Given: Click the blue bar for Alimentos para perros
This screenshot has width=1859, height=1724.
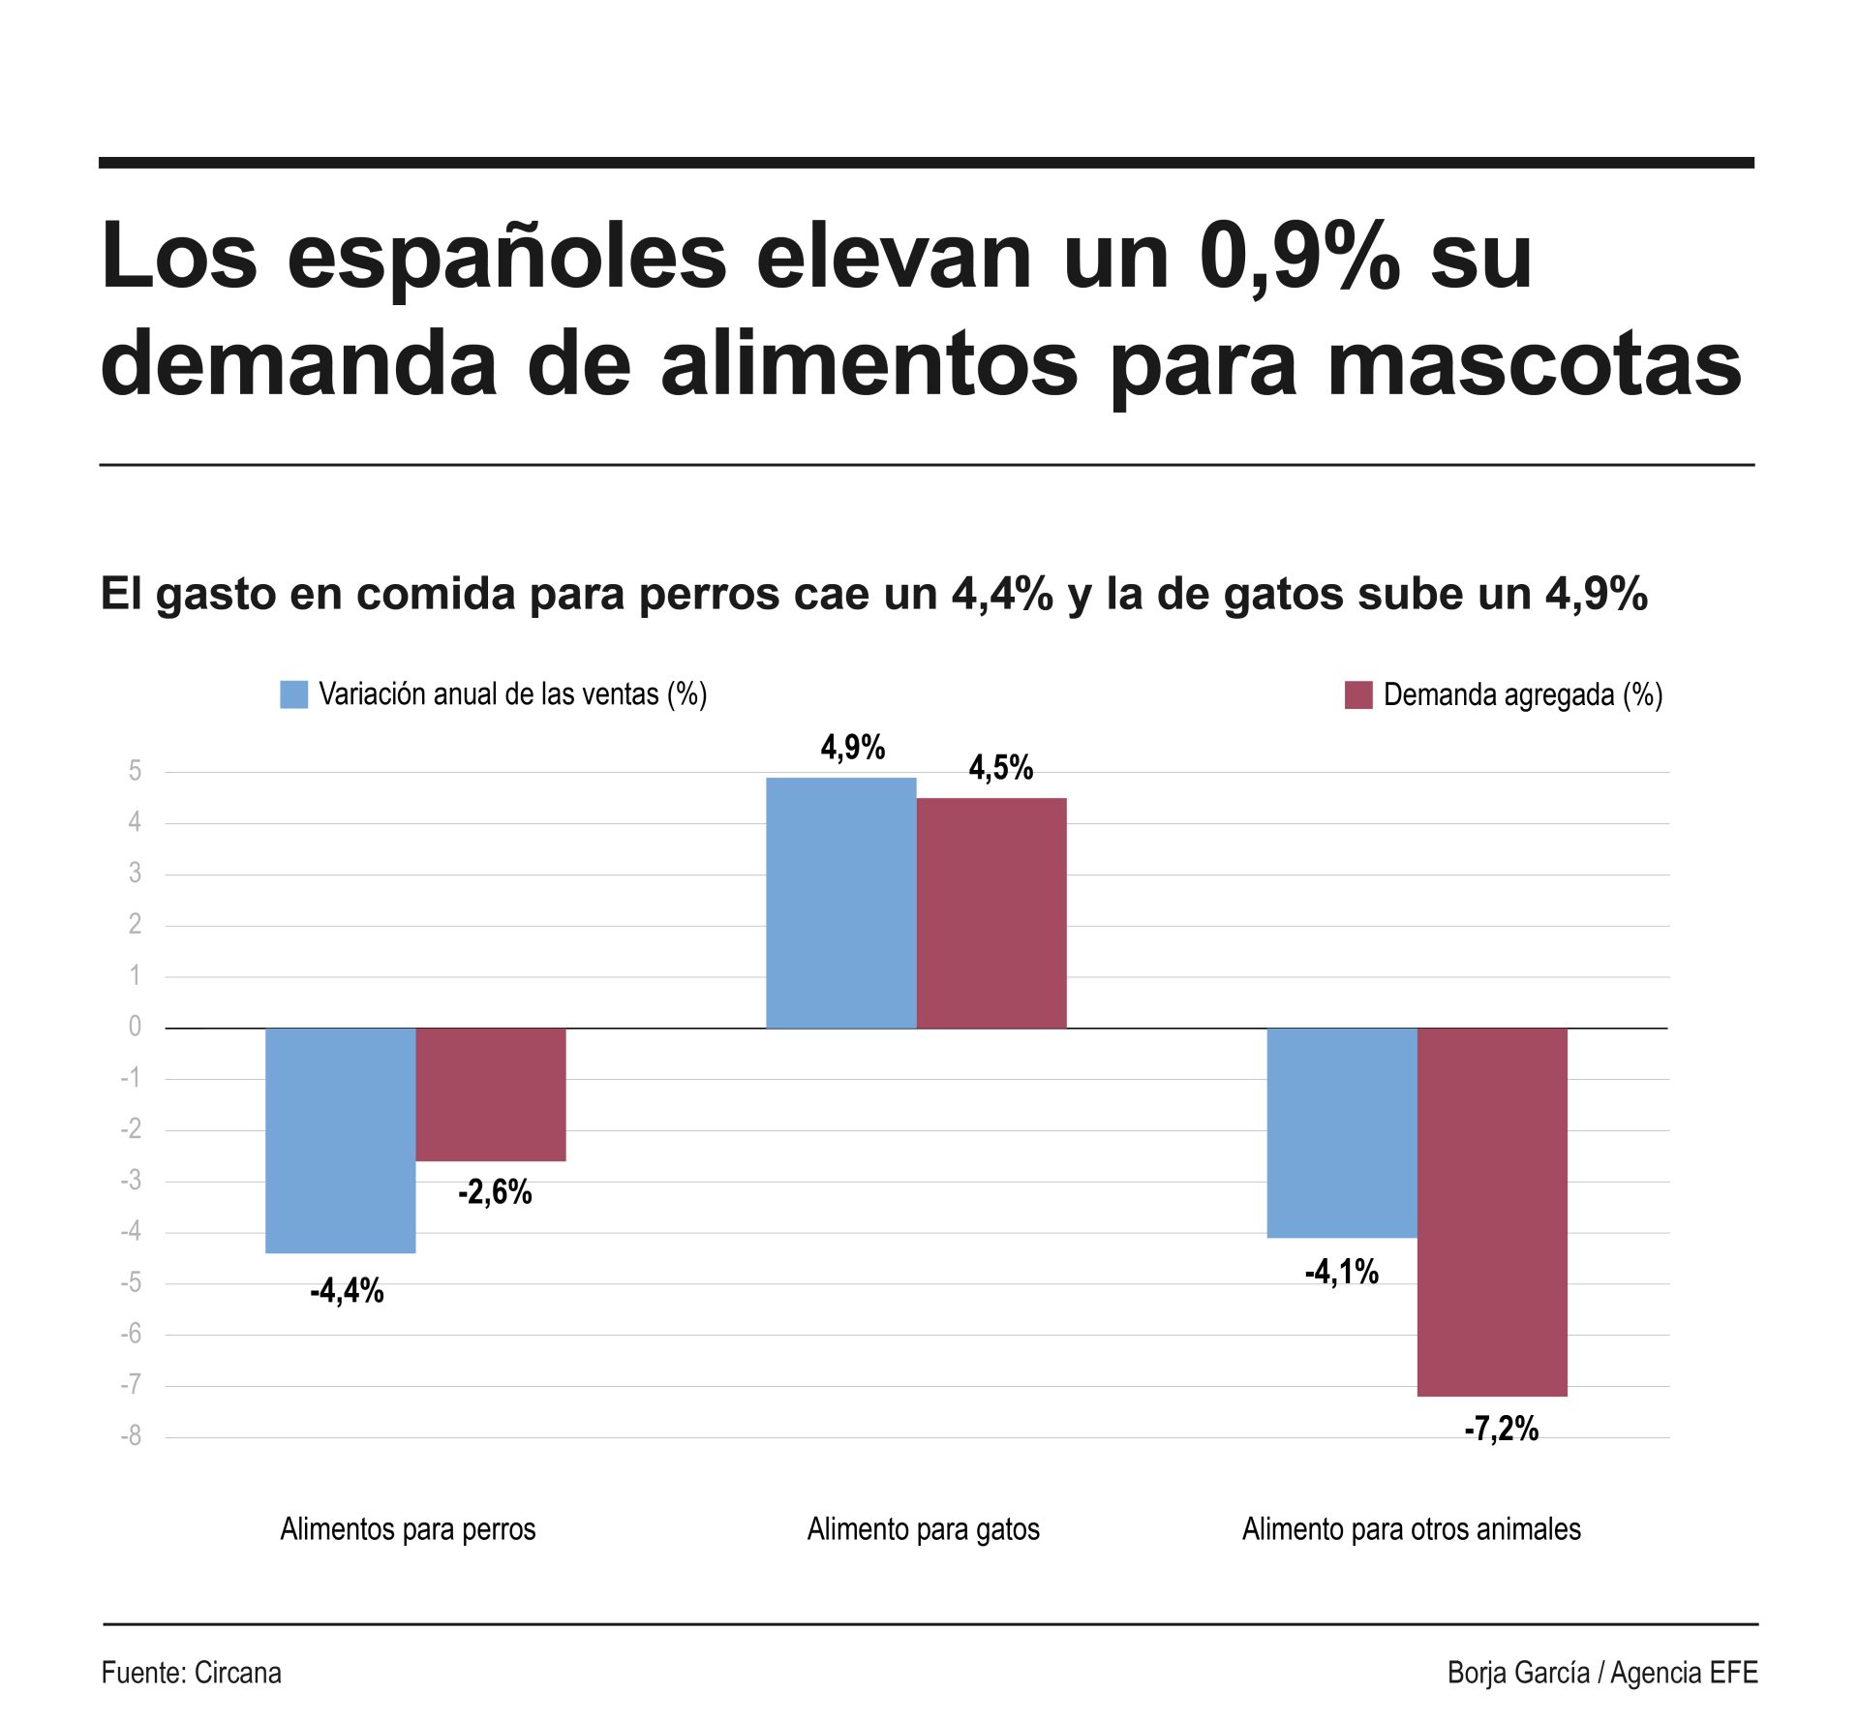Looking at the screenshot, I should coord(340,1140).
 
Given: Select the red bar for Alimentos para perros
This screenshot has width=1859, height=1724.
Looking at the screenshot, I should coord(491,1094).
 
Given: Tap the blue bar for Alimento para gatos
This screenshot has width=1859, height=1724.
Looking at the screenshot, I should coord(840,903).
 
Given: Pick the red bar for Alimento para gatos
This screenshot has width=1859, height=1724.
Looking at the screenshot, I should coord(991,913).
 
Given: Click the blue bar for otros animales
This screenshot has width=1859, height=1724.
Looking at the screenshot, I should coord(1342,1132).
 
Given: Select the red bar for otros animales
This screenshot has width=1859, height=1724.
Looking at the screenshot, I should coord(1492,1212).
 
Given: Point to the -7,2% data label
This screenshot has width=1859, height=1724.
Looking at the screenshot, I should coord(1501,1429).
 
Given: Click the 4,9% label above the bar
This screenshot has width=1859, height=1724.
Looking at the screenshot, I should coord(852,748).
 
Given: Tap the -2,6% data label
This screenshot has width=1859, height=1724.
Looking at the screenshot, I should coord(495,1192).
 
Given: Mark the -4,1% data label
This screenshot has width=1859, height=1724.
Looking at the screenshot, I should coord(1341,1272).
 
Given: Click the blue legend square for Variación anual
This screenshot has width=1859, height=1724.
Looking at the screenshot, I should coord(293,694).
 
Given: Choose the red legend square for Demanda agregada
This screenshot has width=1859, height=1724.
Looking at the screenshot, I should coord(1357,694).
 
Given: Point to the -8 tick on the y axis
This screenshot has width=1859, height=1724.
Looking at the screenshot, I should coord(131,1436).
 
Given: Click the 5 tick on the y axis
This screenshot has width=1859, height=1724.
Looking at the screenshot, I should coord(135,771).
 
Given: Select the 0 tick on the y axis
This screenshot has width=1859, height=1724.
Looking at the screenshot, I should coord(135,1027).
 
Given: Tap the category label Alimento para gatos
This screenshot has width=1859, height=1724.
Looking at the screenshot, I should coord(923,1529).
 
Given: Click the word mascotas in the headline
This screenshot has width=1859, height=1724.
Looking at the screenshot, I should coord(1534,364).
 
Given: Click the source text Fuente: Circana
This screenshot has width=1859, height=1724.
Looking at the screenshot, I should coord(191,1673).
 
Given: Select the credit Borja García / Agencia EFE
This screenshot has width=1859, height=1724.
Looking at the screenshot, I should coord(1601,1673).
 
